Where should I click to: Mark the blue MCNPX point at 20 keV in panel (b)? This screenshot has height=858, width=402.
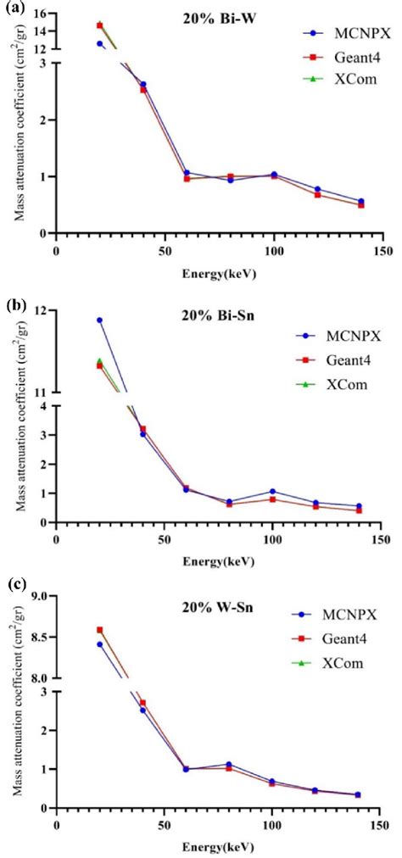[99, 320]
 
